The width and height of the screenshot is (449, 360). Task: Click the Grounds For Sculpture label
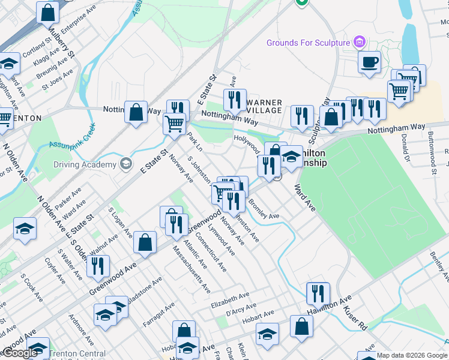(x=309, y=43)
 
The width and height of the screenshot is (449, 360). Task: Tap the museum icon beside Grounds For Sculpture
(x=360, y=43)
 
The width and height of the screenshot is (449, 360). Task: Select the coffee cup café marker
(x=369, y=61)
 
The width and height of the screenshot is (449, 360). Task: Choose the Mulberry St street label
(x=61, y=41)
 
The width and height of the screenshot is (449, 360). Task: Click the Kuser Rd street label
(x=355, y=318)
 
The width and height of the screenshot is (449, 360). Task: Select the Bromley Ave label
(x=264, y=210)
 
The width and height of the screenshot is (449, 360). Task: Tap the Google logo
(x=20, y=353)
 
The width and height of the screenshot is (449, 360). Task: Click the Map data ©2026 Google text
(x=412, y=355)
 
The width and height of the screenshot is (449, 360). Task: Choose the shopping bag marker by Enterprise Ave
(x=47, y=11)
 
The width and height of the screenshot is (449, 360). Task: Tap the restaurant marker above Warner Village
(x=235, y=98)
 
